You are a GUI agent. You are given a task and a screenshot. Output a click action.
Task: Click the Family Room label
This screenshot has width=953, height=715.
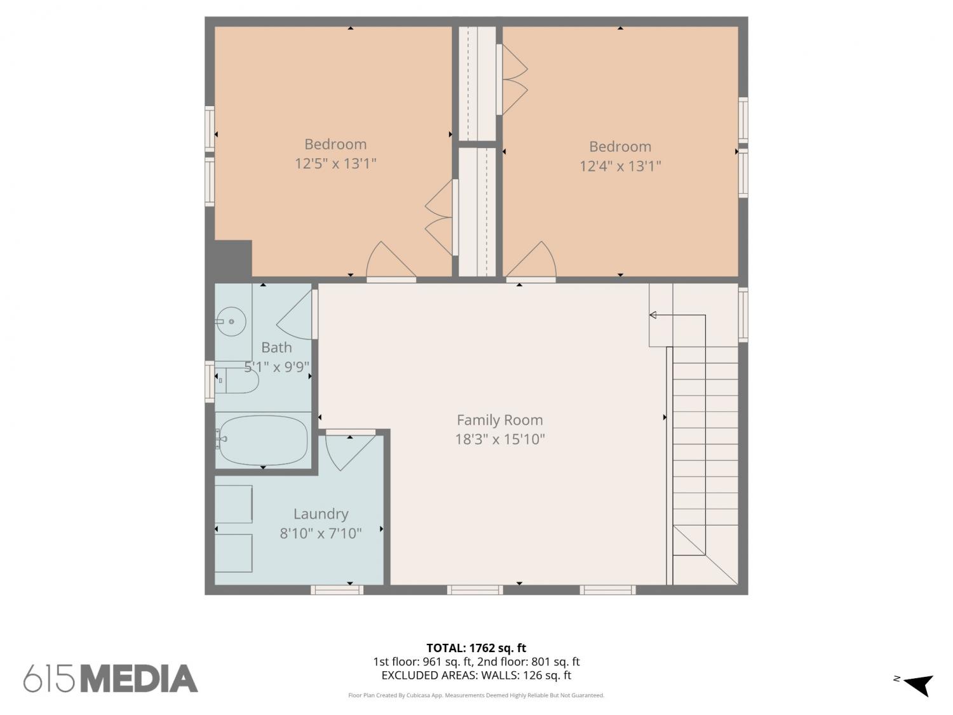(x=499, y=420)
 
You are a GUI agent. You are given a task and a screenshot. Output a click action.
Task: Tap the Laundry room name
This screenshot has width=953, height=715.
(x=321, y=514)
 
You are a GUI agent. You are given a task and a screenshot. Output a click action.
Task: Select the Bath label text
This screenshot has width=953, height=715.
(x=276, y=347)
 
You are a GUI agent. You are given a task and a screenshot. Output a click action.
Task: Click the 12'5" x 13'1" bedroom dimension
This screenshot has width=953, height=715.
(x=335, y=164)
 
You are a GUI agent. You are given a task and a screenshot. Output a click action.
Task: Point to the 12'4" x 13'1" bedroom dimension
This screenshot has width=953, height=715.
(x=620, y=166)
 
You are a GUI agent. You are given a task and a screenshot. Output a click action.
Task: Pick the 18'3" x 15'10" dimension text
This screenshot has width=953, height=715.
(x=500, y=439)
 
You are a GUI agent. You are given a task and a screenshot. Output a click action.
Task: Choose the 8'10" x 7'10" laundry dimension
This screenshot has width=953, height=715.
(x=320, y=533)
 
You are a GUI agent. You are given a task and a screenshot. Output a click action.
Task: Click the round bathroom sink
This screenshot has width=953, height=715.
(x=231, y=322)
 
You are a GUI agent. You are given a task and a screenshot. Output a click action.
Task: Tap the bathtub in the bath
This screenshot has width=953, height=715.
(x=263, y=440)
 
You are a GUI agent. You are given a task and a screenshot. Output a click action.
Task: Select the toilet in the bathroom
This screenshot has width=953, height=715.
(x=237, y=381)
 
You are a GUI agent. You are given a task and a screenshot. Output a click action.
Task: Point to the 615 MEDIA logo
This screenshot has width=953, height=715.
(x=111, y=678)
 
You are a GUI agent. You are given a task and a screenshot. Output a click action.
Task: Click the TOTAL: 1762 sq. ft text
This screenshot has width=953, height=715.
(x=476, y=648)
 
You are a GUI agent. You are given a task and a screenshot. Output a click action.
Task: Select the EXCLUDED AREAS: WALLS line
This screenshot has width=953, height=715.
(x=476, y=676)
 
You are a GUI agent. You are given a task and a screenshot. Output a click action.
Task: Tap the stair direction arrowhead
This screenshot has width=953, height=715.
(x=652, y=315)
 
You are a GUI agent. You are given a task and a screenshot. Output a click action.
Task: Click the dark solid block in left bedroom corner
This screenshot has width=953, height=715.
(x=233, y=259)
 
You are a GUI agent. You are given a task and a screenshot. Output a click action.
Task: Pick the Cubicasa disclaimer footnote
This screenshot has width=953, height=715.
(x=476, y=695)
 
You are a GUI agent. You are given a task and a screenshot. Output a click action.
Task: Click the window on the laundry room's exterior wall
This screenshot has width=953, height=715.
(x=337, y=590)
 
